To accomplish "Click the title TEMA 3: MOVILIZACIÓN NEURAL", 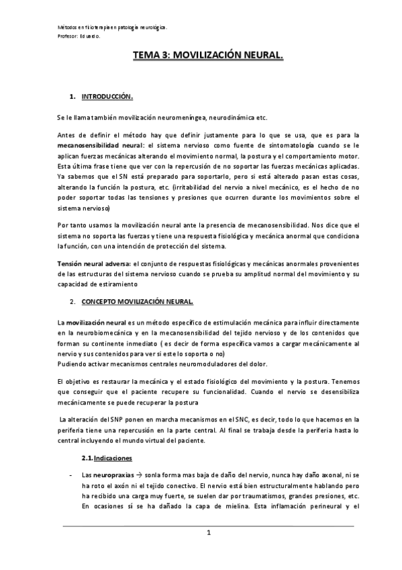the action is pyautogui.click(x=208, y=59).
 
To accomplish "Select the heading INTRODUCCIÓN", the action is pyautogui.click(x=108, y=97).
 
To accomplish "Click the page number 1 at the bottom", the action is pyautogui.click(x=209, y=533).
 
